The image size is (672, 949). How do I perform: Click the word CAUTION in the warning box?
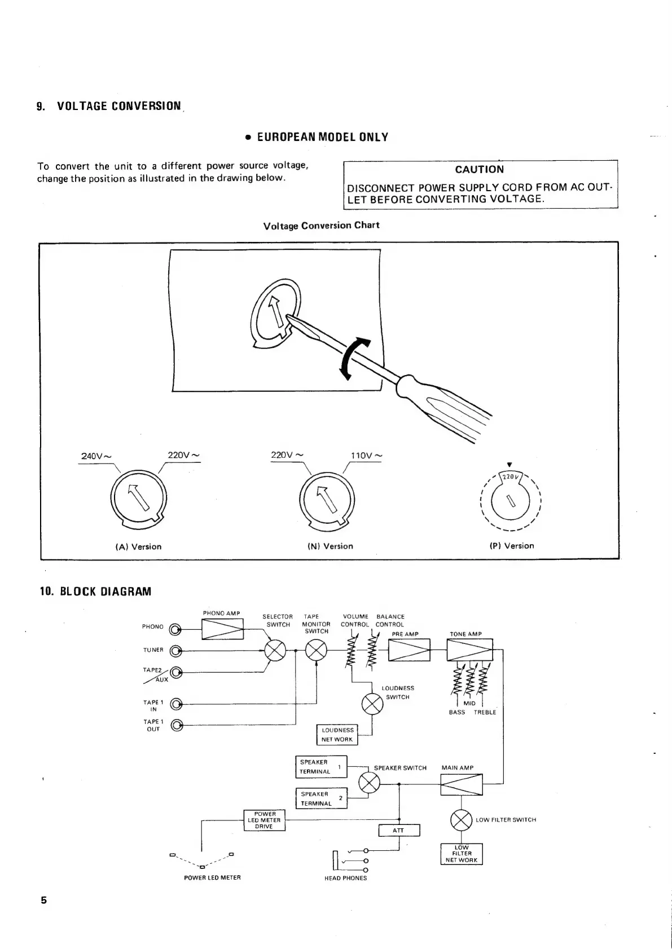pos(479,169)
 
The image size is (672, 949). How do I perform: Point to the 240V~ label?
pos(96,456)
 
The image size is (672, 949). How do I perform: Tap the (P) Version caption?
pos(511,546)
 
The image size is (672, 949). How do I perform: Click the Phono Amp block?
pos(222,629)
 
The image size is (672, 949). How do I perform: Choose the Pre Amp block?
pos(409,650)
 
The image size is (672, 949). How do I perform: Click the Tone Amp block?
pos(469,650)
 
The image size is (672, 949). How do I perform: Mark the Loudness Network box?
pos(337,735)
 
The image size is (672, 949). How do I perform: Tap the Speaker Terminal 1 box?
pos(321,767)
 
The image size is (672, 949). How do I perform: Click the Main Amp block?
pos(461,784)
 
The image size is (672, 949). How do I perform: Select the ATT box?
pos(399,830)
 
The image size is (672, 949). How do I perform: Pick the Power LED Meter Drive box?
pos(264,820)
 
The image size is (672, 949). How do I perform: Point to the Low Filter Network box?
pos(461,854)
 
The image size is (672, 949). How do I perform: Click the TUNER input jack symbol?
pos(176,651)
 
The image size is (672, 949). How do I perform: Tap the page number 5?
pos(43,900)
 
